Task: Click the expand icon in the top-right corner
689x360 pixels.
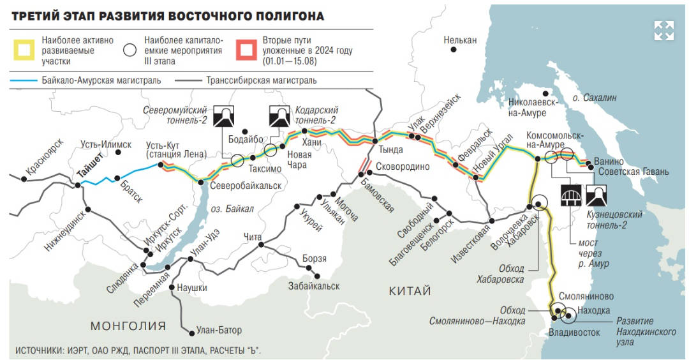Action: coord(664,30)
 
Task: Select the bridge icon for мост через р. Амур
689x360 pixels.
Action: coord(570,195)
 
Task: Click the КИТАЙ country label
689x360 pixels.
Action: coord(410,291)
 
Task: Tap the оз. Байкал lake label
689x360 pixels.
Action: coord(232,209)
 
